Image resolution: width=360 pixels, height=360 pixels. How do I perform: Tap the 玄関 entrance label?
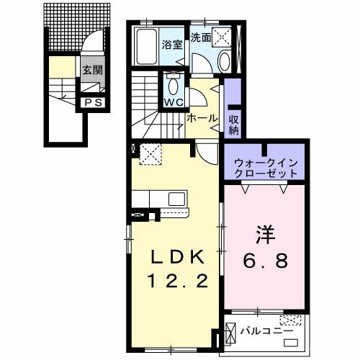[x=91, y=70]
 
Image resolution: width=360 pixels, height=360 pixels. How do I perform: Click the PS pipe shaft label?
[x=94, y=102]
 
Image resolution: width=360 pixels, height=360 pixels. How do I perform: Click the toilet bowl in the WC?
[x=173, y=86]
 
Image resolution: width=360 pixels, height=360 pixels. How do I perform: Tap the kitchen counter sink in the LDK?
[x=176, y=198]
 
